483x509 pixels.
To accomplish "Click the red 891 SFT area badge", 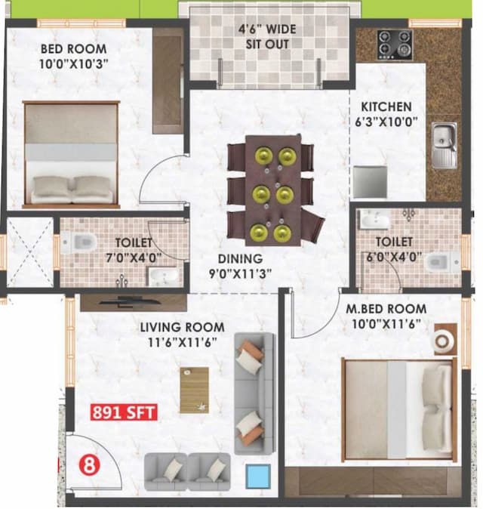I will pos(123,413).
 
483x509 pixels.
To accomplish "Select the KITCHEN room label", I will pos(386,106).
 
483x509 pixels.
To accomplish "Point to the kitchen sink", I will pos(443,144).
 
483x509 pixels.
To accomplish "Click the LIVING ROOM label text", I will pos(182,327).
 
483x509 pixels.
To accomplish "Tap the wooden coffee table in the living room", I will pos(194,390).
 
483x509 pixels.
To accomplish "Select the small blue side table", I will pos(258,476).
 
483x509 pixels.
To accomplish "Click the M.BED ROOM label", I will pos(386,309).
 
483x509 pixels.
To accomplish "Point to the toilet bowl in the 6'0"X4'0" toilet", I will pos(438,263).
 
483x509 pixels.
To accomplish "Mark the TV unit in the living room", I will pos(133,302).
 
